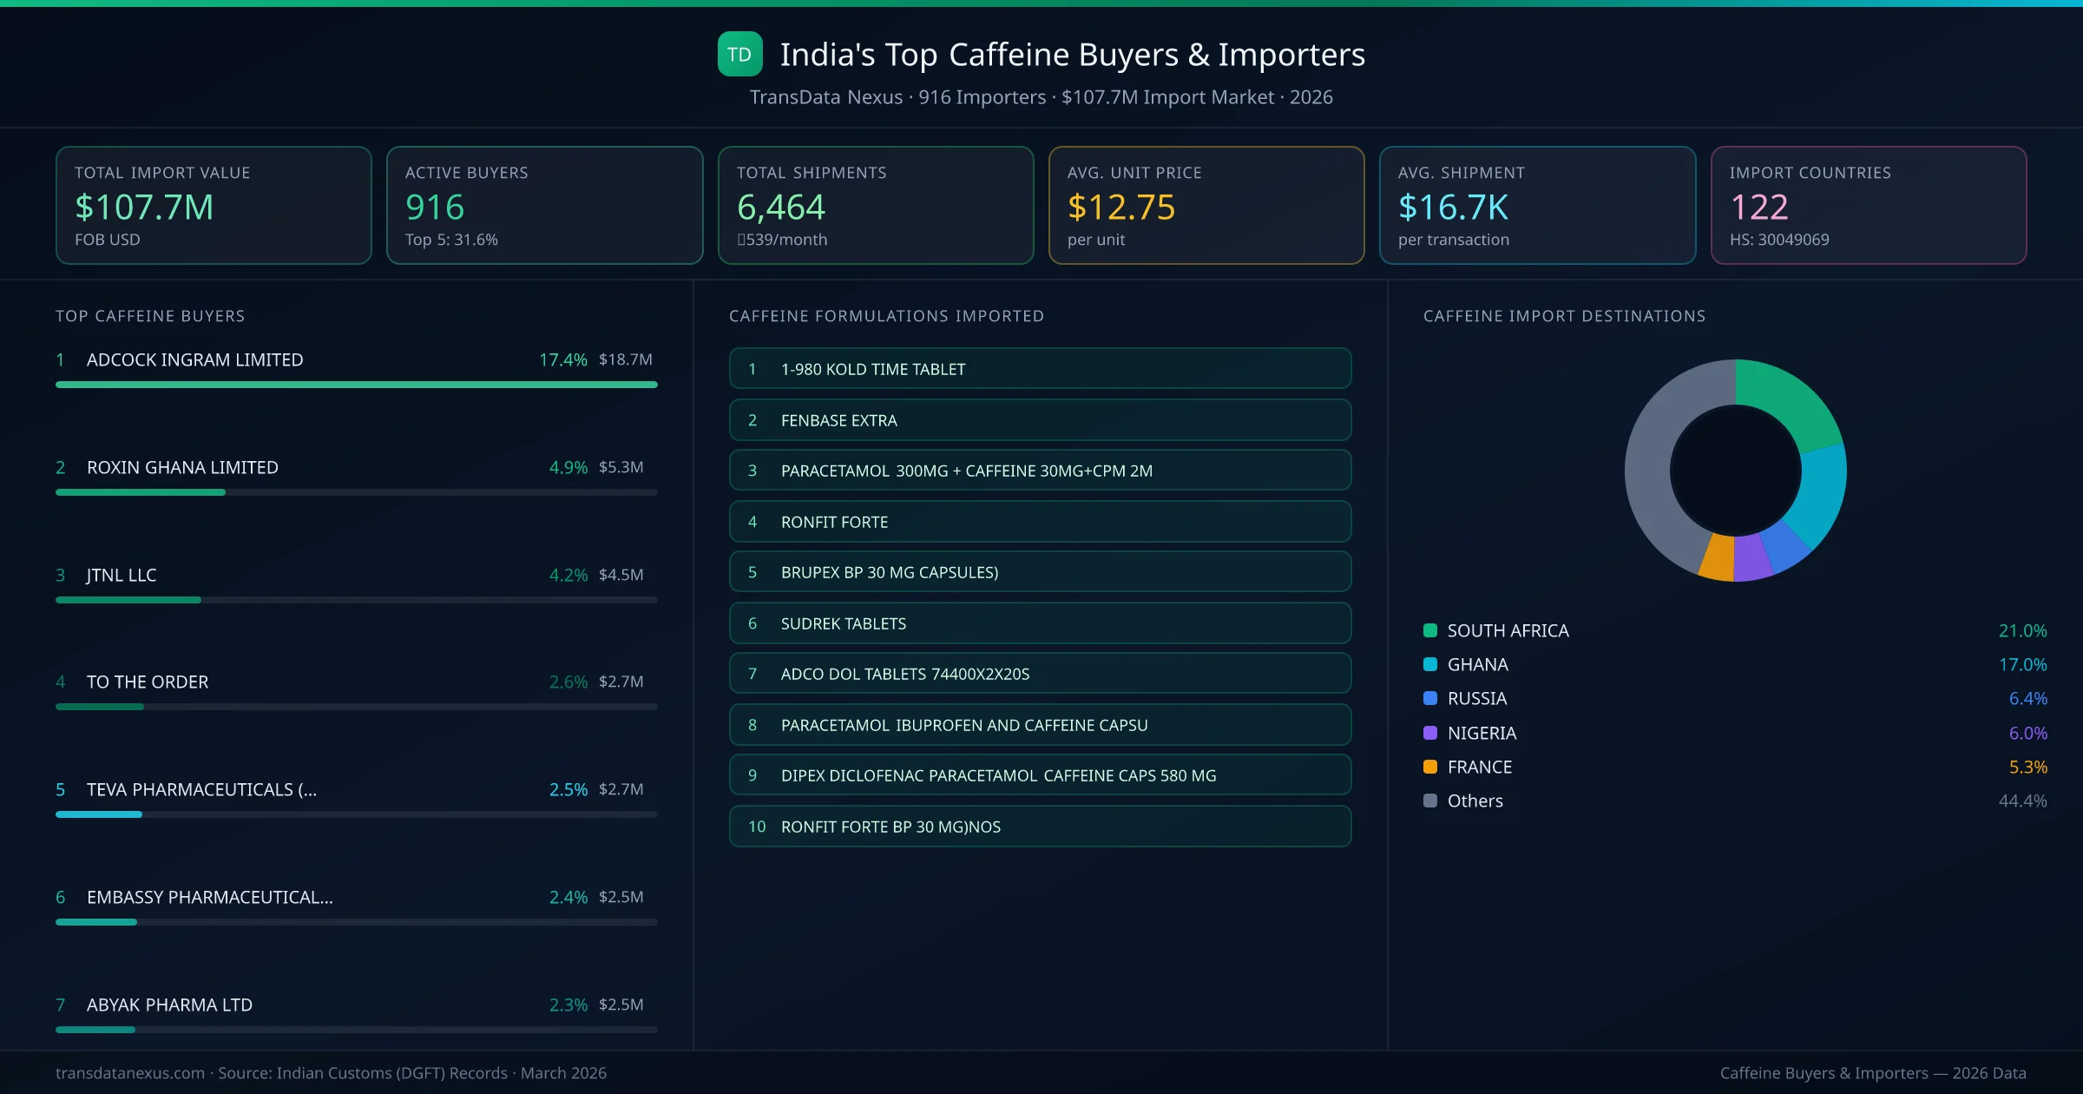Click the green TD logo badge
point(739,55)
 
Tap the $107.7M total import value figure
point(144,208)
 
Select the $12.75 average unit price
point(1120,208)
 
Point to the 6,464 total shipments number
point(780,208)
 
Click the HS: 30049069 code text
point(1778,240)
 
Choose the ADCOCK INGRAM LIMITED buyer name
point(194,359)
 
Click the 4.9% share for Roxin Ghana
point(568,467)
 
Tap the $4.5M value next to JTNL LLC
point(621,575)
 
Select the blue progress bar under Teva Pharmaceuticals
point(99,814)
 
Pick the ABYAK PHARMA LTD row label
point(169,1005)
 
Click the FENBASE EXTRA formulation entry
point(838,420)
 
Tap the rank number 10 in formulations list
point(757,827)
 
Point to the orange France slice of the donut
point(1718,557)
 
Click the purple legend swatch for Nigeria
point(1430,733)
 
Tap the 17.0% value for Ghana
point(2022,664)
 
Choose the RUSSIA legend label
point(1476,698)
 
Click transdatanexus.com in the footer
point(130,1073)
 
